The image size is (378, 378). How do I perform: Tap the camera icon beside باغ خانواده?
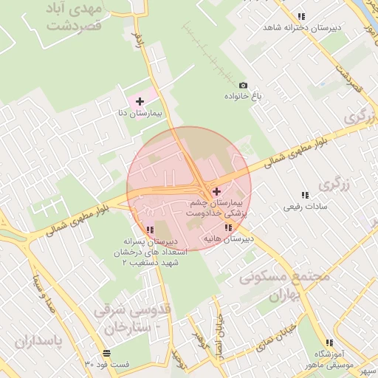(244, 86)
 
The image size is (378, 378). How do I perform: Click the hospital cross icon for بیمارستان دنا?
(140, 100)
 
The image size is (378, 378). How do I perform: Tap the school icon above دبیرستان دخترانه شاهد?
(301, 16)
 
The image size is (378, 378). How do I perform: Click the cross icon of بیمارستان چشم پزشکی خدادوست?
(216, 191)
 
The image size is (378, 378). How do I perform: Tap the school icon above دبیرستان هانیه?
(227, 228)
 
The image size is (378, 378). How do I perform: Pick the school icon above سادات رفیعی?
(303, 196)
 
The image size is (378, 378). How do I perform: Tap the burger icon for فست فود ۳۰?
(108, 354)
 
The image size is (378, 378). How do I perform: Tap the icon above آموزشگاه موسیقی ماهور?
(329, 343)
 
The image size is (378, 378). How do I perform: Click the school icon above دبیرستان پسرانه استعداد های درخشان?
(151, 230)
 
